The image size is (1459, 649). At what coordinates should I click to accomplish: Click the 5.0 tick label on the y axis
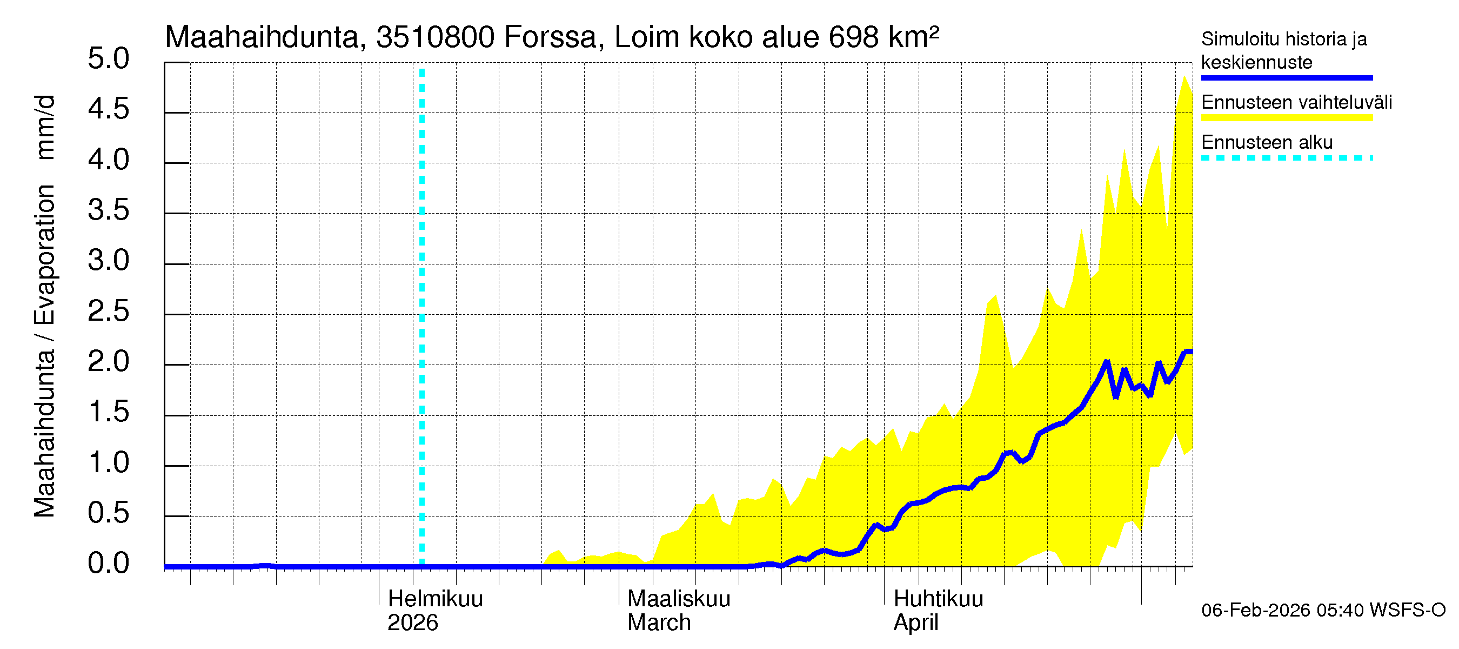[109, 59]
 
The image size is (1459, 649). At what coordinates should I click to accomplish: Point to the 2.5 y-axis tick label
[109, 311]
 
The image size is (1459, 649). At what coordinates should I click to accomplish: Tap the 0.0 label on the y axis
[109, 564]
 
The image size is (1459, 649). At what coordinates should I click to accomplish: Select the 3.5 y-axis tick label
[109, 210]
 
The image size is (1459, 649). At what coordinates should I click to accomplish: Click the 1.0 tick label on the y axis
[109, 462]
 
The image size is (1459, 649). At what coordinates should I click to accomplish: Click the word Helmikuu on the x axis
[435, 599]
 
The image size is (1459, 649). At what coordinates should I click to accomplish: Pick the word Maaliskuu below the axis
[679, 599]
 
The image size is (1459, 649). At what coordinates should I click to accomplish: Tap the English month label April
[915, 623]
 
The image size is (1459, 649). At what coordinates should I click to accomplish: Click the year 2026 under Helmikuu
[412, 623]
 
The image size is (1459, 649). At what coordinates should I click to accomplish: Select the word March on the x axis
[659, 623]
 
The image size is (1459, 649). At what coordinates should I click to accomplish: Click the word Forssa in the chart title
[550, 37]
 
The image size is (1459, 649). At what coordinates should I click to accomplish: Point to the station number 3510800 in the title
[435, 37]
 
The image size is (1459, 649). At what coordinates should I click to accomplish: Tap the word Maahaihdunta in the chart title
[262, 37]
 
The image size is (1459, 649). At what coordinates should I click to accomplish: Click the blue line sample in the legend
[1286, 78]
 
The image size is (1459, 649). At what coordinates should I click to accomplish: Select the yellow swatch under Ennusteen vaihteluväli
[1286, 118]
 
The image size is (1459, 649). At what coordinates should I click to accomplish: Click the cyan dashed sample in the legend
[1286, 158]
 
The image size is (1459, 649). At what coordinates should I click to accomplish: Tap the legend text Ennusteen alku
[1267, 142]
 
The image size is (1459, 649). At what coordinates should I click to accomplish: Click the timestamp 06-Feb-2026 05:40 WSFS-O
[1323, 610]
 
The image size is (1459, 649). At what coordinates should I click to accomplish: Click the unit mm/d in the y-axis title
[45, 127]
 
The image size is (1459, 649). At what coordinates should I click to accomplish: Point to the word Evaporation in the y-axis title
[45, 255]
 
